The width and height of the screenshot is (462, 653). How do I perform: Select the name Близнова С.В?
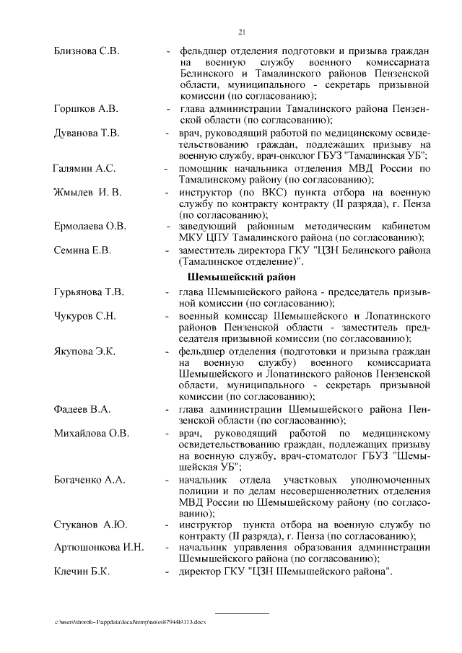[87, 52]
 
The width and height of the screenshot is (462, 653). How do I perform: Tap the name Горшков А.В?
[86, 109]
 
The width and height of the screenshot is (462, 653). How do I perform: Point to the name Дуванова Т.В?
[87, 133]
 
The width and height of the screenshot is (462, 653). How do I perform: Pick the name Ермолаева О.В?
[90, 227]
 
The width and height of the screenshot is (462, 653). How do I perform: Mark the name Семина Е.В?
[82, 250]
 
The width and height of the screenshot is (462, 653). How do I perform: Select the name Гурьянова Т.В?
[89, 292]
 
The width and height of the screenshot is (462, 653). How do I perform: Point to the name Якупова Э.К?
[84, 351]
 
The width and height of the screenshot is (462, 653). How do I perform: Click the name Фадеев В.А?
[82, 409]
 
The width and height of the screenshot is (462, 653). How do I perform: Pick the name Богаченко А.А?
[90, 480]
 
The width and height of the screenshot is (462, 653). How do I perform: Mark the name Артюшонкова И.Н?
[99, 548]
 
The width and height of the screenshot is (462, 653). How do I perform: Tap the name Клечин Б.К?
[82, 572]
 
